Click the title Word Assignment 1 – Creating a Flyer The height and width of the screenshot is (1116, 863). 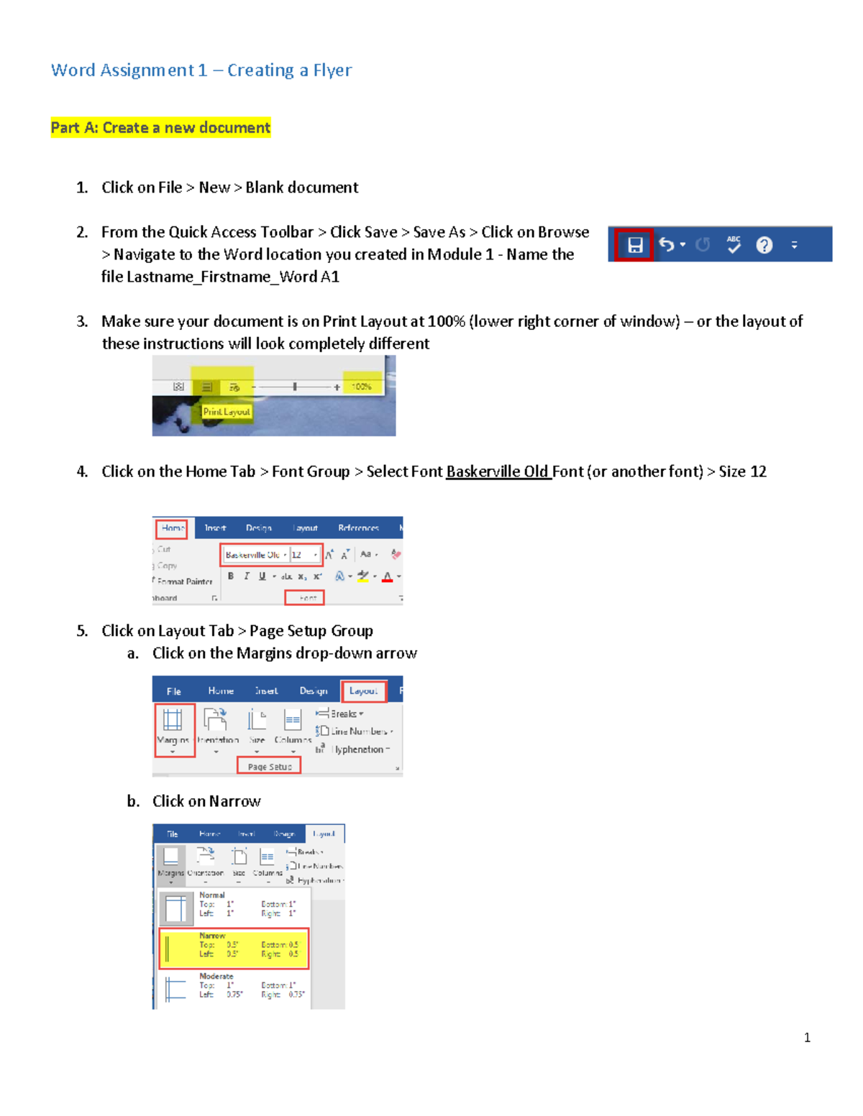coord(201,70)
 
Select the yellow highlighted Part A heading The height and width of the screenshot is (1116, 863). coord(160,128)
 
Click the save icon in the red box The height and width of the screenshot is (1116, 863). coord(635,245)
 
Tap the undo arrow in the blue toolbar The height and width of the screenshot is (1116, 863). coord(667,245)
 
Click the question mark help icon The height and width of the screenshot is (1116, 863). coord(764,245)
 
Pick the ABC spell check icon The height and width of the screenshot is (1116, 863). coord(734,244)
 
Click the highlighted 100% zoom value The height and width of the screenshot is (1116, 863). coord(361,387)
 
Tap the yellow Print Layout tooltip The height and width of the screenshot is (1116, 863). coord(227,412)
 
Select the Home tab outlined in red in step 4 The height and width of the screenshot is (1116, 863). coord(172,528)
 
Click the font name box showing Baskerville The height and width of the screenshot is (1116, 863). coord(253,555)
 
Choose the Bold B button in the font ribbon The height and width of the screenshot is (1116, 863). coord(231,576)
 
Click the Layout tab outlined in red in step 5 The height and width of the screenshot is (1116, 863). coord(363,691)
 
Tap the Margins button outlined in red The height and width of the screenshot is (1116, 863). coord(173,729)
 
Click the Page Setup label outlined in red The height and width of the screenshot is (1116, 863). coord(269,767)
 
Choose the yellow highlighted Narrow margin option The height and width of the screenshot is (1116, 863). coord(234,949)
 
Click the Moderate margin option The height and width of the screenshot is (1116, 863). coord(234,987)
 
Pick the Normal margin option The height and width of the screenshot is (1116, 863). coord(234,907)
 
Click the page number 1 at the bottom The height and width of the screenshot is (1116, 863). coord(807,1037)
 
